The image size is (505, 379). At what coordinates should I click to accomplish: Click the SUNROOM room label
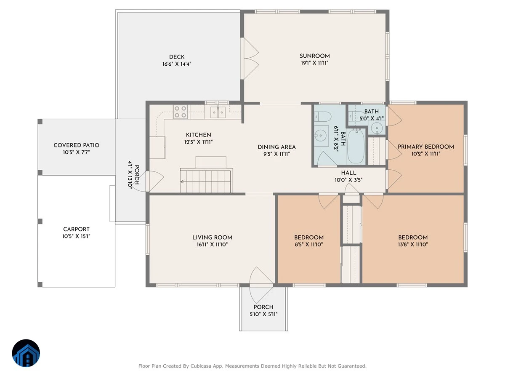point(314,56)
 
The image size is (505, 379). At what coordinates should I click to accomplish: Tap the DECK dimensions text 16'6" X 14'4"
point(177,64)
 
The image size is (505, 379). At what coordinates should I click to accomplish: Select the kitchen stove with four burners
point(180,112)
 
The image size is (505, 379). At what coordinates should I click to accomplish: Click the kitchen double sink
point(218,112)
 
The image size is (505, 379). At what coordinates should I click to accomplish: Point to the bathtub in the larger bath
point(356,147)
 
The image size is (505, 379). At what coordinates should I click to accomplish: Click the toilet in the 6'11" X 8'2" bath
point(322,117)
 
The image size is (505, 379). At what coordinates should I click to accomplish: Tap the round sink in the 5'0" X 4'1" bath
point(376,127)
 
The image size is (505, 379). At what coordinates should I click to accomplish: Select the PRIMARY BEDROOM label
point(426,147)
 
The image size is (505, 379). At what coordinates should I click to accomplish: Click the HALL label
point(348,173)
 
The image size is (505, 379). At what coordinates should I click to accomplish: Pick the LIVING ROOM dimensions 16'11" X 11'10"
point(212,244)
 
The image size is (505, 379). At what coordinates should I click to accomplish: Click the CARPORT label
point(77,229)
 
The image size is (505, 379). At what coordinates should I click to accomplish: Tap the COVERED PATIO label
point(77,145)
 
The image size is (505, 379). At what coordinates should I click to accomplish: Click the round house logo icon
point(26,353)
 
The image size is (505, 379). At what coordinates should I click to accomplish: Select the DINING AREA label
point(276,147)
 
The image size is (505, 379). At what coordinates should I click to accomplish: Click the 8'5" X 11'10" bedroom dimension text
point(309,244)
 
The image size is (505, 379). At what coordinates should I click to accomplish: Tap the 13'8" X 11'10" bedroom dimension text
point(413,244)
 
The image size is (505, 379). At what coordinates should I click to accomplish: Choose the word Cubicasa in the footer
point(200,366)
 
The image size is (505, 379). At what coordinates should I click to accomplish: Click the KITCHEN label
point(198,135)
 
